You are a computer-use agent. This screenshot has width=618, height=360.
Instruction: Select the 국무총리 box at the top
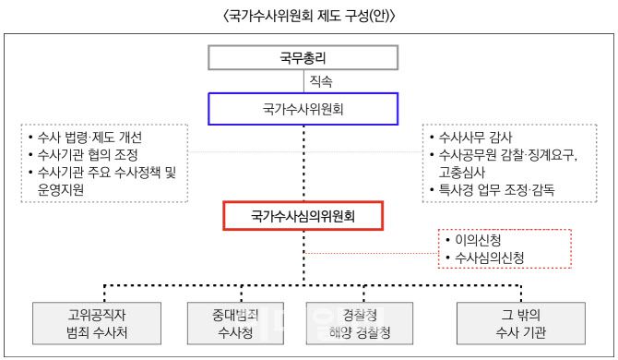point(303,57)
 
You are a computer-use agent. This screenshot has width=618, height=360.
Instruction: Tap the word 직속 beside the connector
point(323,81)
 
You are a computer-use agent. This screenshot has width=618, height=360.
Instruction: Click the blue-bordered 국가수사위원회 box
point(303,110)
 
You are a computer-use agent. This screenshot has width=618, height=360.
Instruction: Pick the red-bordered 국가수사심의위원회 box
point(303,217)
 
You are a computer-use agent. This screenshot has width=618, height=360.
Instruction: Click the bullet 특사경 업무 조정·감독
point(498,190)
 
